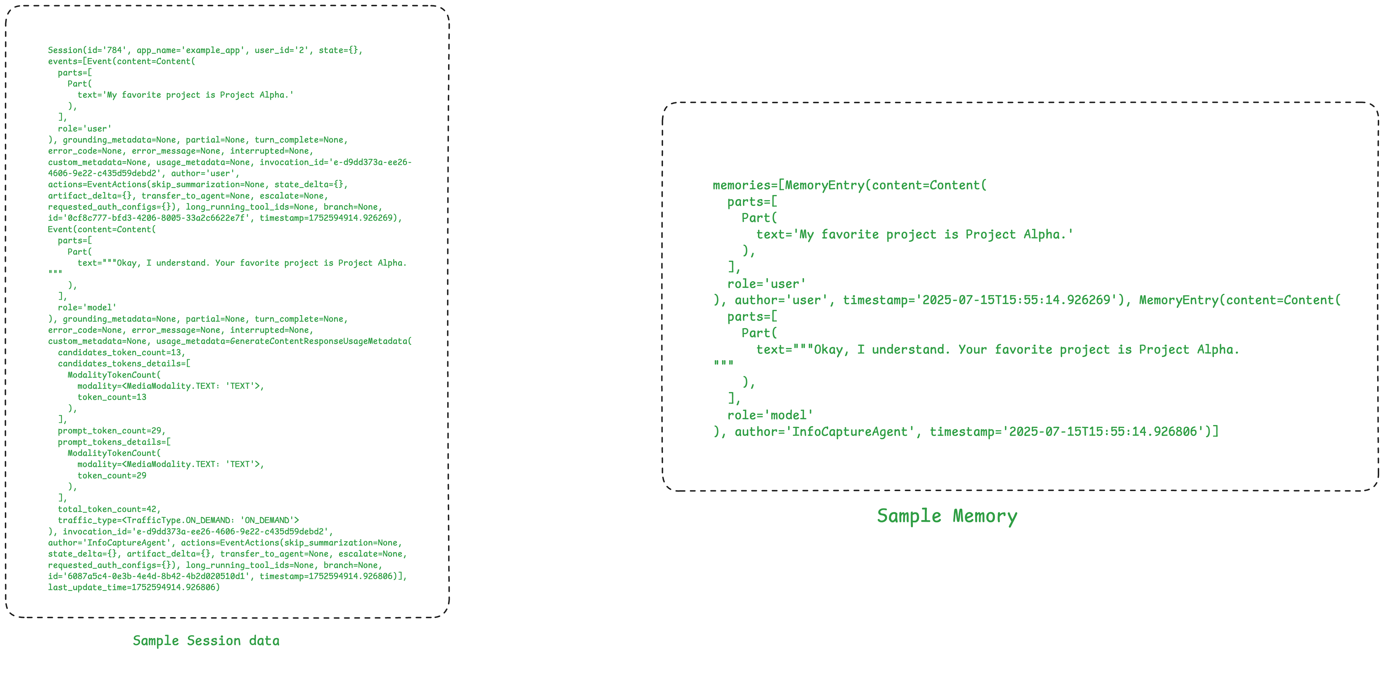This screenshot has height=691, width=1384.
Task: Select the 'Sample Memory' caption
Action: (947, 516)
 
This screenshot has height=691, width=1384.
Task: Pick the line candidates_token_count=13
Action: (121, 353)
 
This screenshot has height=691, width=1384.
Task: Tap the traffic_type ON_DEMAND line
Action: (178, 520)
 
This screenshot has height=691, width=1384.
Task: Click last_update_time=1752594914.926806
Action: (134, 587)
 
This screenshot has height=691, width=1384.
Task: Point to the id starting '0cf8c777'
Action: (156, 218)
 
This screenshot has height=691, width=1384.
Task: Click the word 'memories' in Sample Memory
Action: (741, 185)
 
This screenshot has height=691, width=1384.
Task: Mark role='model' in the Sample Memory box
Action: (770, 415)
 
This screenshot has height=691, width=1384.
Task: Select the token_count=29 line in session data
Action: (112, 475)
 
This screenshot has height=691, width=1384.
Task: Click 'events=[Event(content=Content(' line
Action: (121, 61)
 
